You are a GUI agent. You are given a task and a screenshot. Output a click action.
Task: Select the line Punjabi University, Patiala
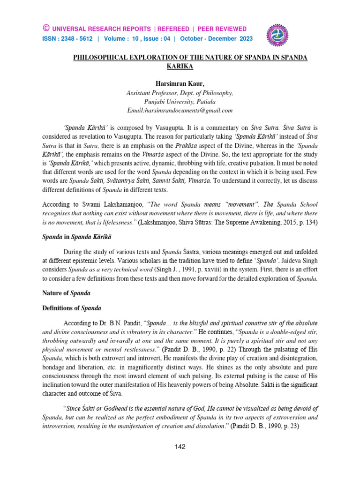pyautogui.click(x=180, y=101)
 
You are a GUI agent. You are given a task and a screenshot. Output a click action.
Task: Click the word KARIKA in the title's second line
pyautogui.click(x=180, y=66)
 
